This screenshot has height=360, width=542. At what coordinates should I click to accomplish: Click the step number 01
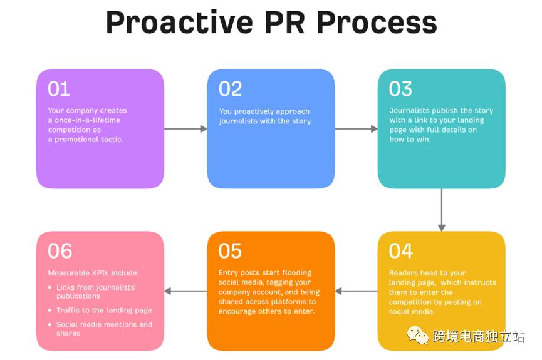[x=58, y=89]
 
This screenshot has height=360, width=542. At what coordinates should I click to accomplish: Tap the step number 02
[x=230, y=89]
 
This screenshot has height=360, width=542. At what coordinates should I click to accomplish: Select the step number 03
[x=400, y=89]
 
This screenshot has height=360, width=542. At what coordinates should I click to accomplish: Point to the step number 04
[x=401, y=251]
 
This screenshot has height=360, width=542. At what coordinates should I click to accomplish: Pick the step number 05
[x=230, y=251]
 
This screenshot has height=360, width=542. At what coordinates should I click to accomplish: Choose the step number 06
[x=60, y=251]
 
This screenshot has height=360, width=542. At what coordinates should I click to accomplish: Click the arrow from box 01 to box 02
[x=185, y=129]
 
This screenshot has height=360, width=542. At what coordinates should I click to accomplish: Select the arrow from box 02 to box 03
[x=356, y=129]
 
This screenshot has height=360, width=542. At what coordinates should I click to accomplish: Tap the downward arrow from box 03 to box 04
[x=441, y=210]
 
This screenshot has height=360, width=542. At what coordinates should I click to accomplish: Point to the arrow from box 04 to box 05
[x=356, y=291]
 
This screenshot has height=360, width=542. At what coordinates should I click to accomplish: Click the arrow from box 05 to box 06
[x=185, y=291]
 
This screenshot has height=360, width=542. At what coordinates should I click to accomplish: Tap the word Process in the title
[x=376, y=23]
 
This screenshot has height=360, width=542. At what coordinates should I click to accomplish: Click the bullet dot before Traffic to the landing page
[x=50, y=311]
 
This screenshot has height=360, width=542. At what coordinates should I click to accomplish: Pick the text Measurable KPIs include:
[x=93, y=273]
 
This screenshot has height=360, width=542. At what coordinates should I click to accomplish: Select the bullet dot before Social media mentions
[x=50, y=325]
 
